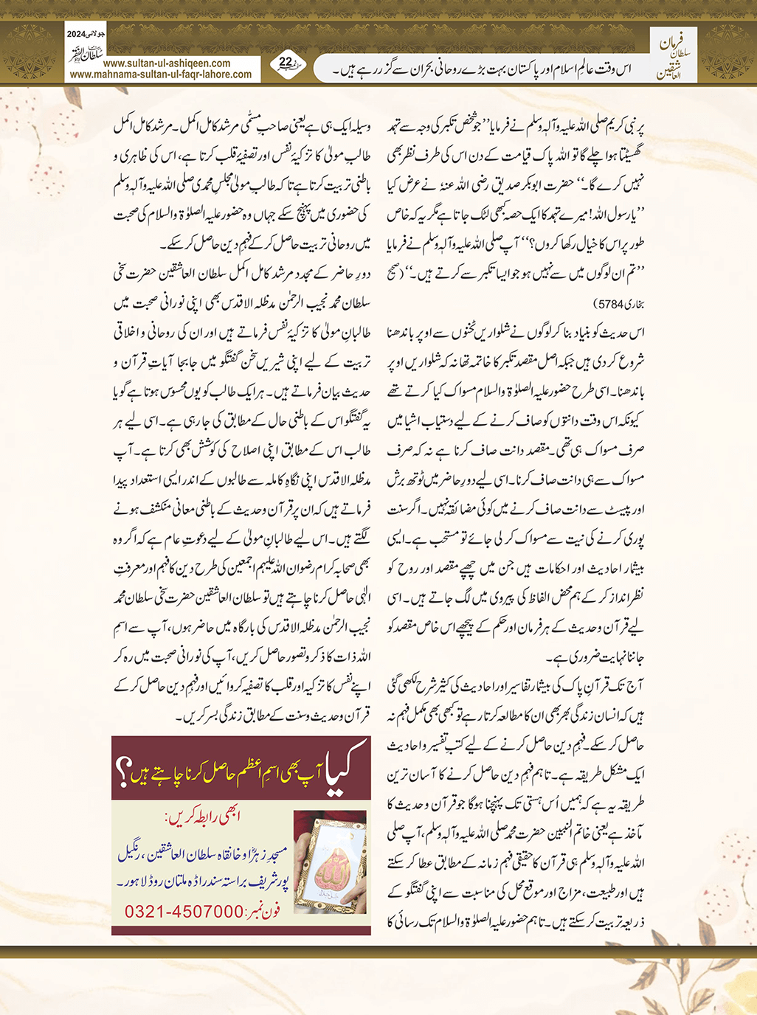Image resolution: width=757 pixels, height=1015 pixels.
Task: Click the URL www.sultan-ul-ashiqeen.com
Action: [167, 63]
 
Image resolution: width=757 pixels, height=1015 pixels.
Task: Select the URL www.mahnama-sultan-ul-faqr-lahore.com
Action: [161, 74]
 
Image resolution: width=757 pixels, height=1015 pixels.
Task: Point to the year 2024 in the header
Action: [77, 35]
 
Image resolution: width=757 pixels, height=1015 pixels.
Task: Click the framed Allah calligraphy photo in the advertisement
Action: [329, 861]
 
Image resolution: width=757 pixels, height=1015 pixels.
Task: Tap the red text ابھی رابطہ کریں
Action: [202, 817]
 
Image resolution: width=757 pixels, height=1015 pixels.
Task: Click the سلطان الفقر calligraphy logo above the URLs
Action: [86, 52]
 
